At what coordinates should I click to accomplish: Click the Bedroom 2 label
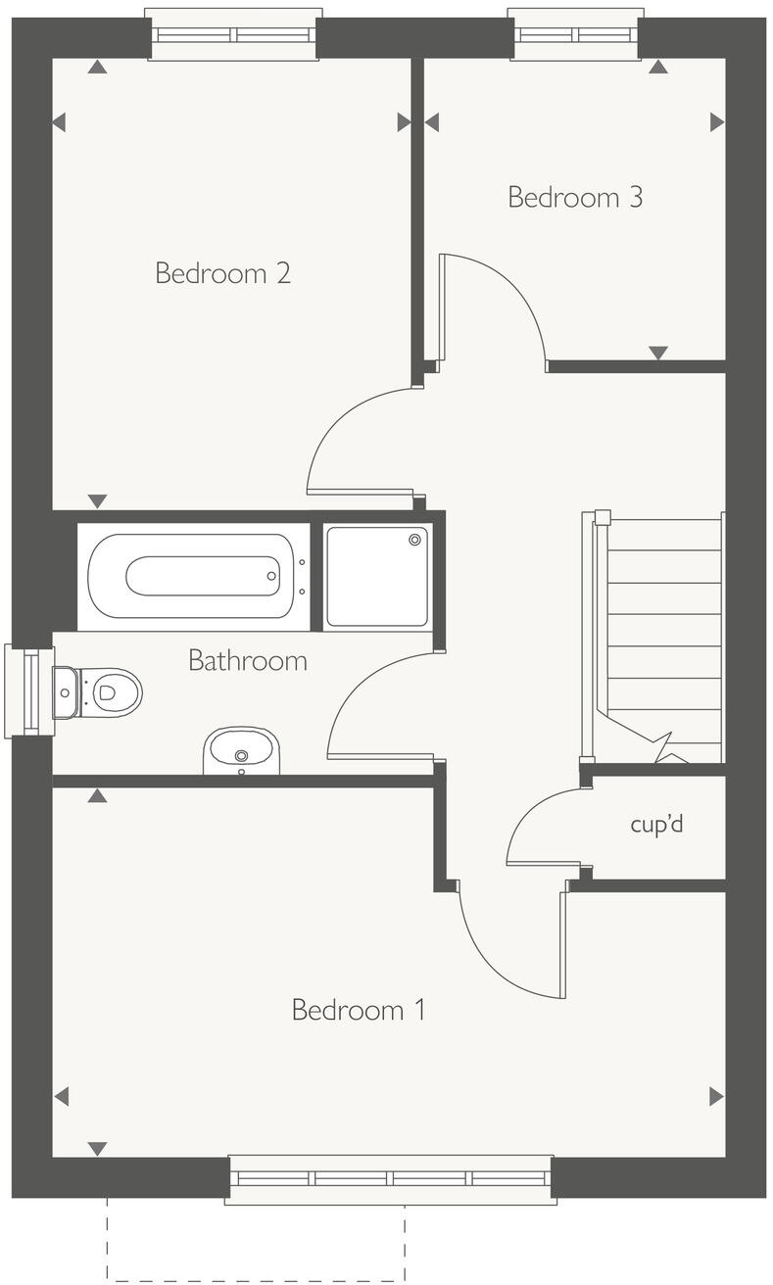(x=223, y=272)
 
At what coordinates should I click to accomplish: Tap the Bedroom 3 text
(x=575, y=197)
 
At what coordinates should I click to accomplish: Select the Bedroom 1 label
(x=359, y=1010)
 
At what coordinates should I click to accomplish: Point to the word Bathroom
(x=248, y=660)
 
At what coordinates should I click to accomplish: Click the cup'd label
(x=656, y=824)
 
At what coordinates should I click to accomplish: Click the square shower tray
(x=377, y=576)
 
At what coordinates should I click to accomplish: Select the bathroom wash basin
(x=241, y=751)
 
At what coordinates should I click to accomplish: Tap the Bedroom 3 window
(x=576, y=34)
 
